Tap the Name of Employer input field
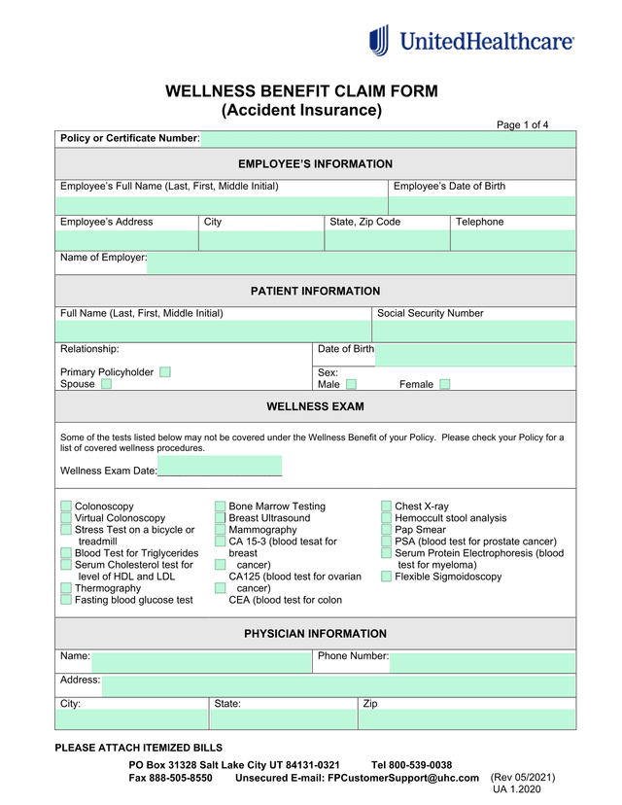click(x=360, y=262)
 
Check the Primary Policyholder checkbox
click(x=165, y=372)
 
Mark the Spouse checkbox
click(x=106, y=384)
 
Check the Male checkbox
click(x=351, y=385)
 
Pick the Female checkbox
click(x=444, y=384)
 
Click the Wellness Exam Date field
click(x=220, y=468)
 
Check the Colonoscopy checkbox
click(x=66, y=507)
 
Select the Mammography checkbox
click(x=220, y=530)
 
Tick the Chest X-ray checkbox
click(x=386, y=507)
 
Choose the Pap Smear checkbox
click(x=386, y=530)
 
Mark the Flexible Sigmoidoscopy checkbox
click(x=386, y=577)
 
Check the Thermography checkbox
click(x=66, y=588)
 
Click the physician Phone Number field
click(x=482, y=661)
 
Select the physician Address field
click(x=338, y=684)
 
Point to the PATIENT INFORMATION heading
click(x=315, y=291)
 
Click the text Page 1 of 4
click(x=523, y=124)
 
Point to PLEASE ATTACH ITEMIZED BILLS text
click(x=138, y=748)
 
